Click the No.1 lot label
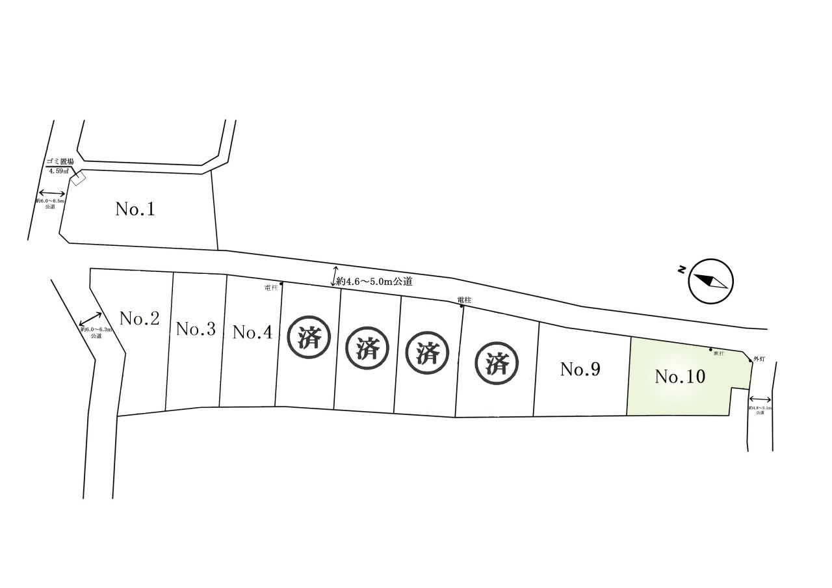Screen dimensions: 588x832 click(135, 209)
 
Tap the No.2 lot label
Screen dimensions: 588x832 click(140, 319)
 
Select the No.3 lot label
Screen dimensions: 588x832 click(196, 329)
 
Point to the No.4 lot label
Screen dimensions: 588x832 click(252, 332)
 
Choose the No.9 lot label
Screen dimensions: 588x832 click(580, 370)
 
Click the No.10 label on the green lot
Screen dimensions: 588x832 click(680, 377)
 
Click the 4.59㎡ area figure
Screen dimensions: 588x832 click(60, 172)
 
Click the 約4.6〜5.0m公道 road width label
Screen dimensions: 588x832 click(375, 282)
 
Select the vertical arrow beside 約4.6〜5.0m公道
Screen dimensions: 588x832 click(335, 276)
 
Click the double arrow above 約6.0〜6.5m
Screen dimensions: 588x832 click(51, 193)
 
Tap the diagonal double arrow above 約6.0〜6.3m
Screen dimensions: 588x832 click(89, 319)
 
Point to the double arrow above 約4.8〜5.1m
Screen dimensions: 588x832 click(760, 400)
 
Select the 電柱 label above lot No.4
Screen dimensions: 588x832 click(272, 287)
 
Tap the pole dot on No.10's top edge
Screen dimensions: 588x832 click(710, 349)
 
